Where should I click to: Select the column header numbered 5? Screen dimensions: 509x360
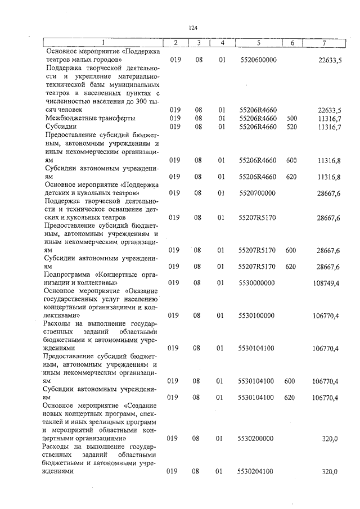[258, 43]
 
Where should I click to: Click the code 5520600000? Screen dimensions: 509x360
[258, 60]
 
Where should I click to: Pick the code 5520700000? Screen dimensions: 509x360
[258, 193]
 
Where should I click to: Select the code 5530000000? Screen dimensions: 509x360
[258, 283]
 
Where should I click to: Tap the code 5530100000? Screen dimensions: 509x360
[258, 316]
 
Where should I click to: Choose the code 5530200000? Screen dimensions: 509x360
[258, 438]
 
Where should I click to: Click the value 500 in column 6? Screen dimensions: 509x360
[291, 118]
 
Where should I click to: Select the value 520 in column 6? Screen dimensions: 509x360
[291, 127]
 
